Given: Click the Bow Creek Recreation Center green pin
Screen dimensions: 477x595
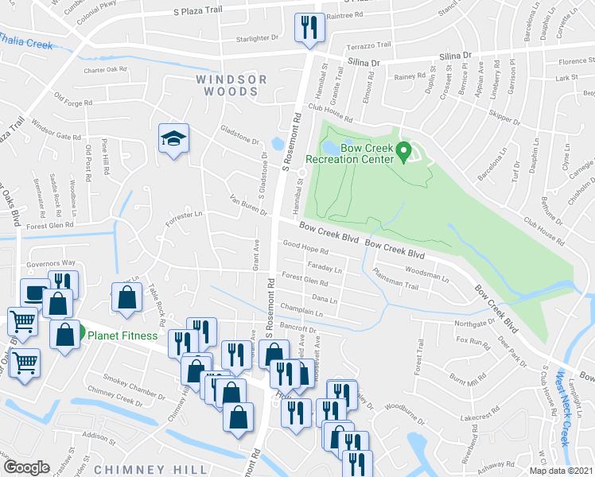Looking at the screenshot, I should tap(403, 149).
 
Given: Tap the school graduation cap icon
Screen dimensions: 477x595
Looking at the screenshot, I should tap(171, 139).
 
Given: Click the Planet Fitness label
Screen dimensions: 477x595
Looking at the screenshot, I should tap(122, 335).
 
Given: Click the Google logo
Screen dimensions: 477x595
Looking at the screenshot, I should tap(26, 467).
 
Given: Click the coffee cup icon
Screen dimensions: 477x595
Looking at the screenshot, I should tap(34, 293).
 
